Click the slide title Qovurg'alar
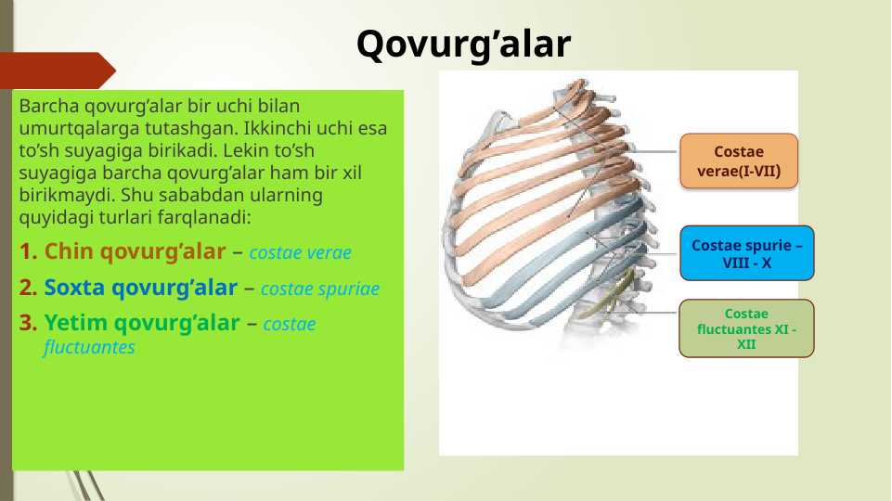coord(463,44)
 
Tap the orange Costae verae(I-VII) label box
coord(739,161)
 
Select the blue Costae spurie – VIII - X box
coord(747,253)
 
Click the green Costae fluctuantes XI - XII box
coord(746,328)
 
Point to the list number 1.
coord(28,251)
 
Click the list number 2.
coord(28,288)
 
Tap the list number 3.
coord(28,324)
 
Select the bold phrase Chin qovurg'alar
coord(135,251)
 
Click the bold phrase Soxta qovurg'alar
coord(140,288)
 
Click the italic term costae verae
coord(300,252)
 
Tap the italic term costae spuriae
coord(319,289)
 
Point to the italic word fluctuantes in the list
coord(88,349)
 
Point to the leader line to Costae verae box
coord(650,152)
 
